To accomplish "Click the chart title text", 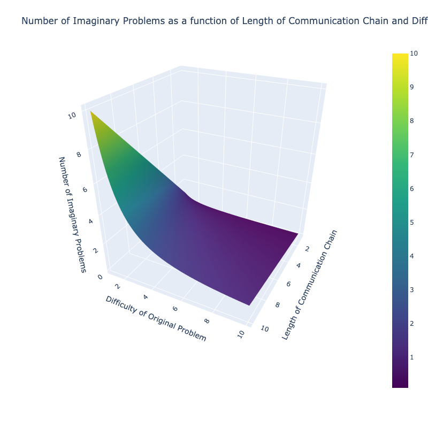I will coord(225,21).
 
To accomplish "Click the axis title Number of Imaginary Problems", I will coord(72,214).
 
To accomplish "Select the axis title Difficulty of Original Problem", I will coord(156,318).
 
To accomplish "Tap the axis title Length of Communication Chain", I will coord(309,285).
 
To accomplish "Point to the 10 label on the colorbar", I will coord(414,53).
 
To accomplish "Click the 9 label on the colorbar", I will coord(412,87).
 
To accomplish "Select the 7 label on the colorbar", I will coord(412,155).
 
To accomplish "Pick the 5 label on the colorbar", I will coord(412,223).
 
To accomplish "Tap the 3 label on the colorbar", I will coord(412,289).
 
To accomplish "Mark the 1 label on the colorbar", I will coord(412,357).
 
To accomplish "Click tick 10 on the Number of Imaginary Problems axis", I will coord(72,116).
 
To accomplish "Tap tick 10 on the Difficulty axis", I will coord(241,333).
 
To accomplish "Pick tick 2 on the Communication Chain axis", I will coord(307,249).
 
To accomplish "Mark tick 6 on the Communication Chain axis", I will coord(289,284).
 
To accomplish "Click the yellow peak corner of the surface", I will coord(91,112).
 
